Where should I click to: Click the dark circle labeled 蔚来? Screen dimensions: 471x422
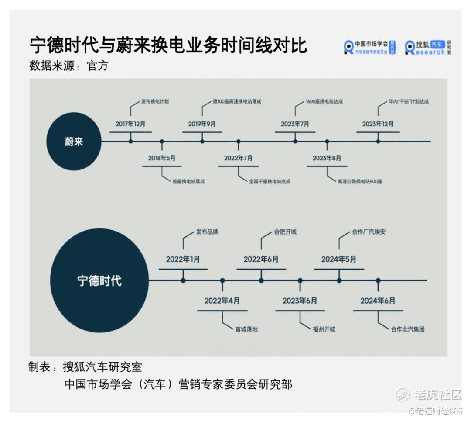(74, 141)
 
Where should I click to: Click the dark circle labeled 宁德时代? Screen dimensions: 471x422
(99, 280)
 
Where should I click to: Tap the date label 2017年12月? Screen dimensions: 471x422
(130, 124)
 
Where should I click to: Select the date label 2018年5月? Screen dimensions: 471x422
(162, 158)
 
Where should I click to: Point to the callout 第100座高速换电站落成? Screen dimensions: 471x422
(237, 101)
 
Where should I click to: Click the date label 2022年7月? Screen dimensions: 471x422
(238, 158)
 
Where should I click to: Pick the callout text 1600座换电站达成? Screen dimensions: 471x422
(324, 101)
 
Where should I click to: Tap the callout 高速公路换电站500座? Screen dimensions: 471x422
(360, 181)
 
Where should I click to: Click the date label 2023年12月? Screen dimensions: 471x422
(378, 124)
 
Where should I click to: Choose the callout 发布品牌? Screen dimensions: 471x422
(207, 232)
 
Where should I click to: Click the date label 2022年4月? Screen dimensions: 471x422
(222, 301)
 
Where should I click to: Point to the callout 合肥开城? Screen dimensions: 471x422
(285, 232)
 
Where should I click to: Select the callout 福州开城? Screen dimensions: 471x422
(324, 329)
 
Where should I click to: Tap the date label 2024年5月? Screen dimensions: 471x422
(339, 259)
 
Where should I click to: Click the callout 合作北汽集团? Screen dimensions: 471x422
(408, 329)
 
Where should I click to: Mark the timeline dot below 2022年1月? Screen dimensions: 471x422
(183, 280)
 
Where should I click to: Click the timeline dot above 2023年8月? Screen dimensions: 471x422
(327, 141)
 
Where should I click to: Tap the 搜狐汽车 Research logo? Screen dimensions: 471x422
(428, 48)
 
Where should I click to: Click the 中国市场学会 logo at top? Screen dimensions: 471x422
(370, 48)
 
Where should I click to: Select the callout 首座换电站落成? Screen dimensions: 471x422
(188, 181)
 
